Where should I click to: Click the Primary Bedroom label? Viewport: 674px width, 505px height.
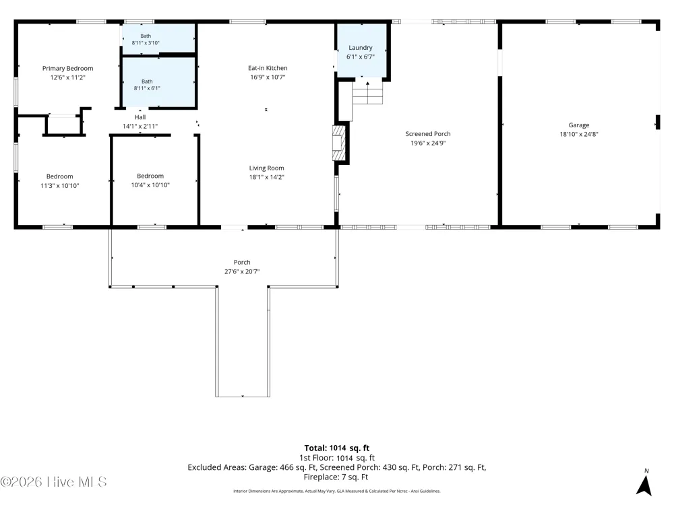tap(67, 68)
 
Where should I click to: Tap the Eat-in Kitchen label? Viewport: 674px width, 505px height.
tap(268, 68)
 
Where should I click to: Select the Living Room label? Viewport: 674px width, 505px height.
tap(266, 168)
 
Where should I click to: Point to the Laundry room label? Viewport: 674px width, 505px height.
tap(360, 48)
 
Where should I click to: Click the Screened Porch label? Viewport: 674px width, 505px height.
tap(428, 134)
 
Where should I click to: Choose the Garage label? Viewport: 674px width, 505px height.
tap(578, 125)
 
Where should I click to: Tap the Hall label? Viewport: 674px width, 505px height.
tap(140, 116)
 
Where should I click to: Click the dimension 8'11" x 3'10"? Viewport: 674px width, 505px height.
tap(146, 43)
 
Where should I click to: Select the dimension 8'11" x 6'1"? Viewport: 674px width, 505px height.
tap(147, 88)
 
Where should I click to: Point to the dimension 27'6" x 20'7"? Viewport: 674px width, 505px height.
tap(242, 271)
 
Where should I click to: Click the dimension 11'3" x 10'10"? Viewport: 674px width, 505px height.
tap(60, 186)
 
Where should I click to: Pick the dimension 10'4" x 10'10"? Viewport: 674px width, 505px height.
tap(150, 185)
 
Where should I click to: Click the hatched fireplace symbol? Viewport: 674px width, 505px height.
tap(339, 143)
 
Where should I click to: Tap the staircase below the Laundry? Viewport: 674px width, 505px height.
tap(367, 93)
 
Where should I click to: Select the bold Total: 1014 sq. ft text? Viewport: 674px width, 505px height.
tap(337, 448)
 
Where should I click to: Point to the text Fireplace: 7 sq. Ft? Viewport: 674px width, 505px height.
tap(336, 477)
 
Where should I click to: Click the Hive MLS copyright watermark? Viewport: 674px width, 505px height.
tap(54, 482)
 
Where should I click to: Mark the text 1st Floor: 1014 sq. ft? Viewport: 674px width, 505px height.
tap(337, 458)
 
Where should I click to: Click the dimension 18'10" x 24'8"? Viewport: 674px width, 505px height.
tap(578, 134)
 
